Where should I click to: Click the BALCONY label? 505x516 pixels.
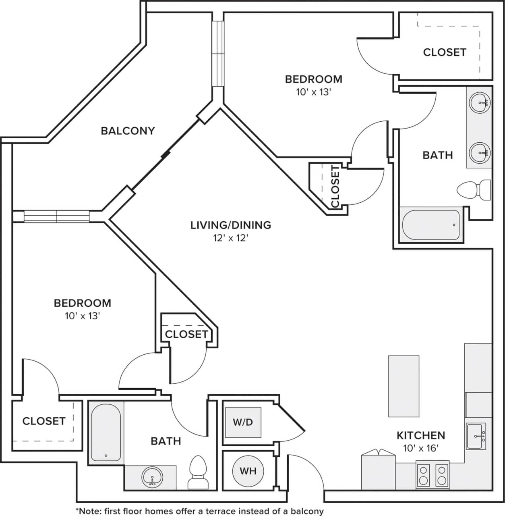click(x=128, y=131)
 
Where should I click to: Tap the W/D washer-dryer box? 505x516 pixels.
click(x=243, y=422)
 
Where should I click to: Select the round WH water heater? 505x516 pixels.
click(x=248, y=471)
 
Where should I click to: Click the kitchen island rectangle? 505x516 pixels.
click(x=404, y=386)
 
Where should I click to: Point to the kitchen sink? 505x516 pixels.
click(x=476, y=436)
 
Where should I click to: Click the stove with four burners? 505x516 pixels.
click(x=432, y=475)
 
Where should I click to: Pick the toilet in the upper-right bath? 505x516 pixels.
click(x=474, y=189)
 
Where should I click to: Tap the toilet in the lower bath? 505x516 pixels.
click(x=197, y=472)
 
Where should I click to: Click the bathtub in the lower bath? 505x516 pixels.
click(x=106, y=432)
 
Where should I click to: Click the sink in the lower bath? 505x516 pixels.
click(x=152, y=476)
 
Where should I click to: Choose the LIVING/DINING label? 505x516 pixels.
click(x=231, y=225)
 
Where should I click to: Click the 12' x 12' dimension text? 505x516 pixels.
click(x=230, y=238)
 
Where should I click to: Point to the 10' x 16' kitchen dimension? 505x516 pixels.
click(x=420, y=448)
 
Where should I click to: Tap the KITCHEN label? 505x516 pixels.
click(x=421, y=435)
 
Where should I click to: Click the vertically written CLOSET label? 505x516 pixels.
click(x=335, y=186)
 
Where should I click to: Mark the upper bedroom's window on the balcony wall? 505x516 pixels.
click(x=218, y=53)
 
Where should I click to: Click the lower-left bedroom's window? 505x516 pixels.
click(x=56, y=216)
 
